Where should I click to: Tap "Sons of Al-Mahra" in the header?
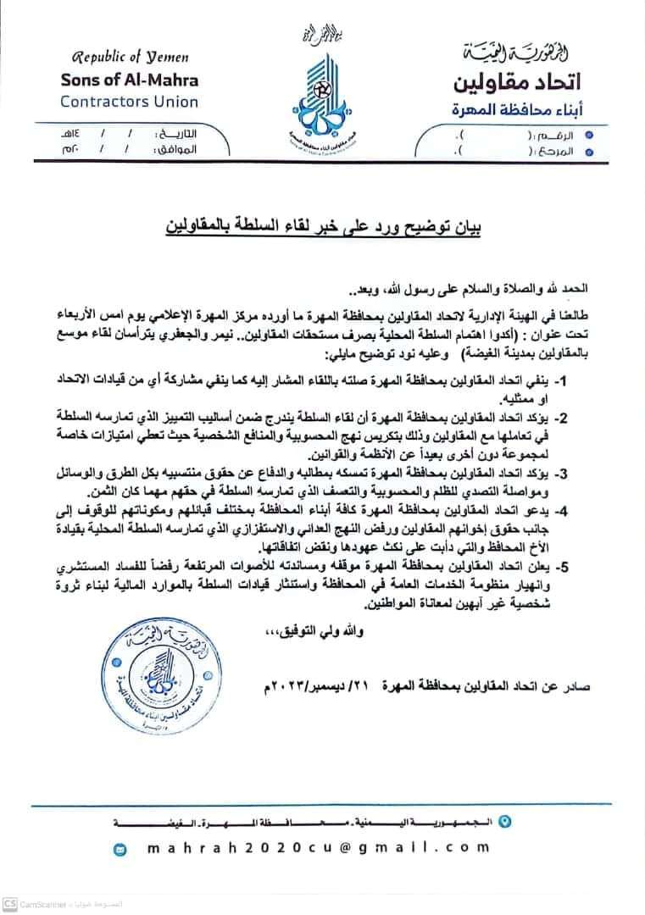[x=130, y=80]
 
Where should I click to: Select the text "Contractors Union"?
[x=129, y=102]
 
